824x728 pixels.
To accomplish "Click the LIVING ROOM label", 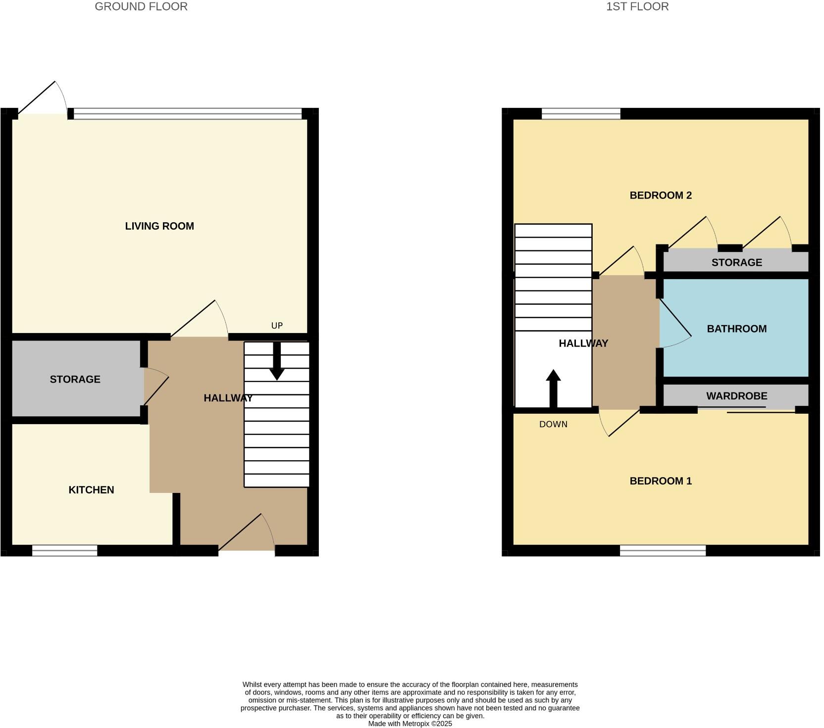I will tap(159, 226).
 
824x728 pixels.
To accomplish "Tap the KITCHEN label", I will tap(91, 490).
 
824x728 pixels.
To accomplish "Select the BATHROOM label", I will tap(736, 329).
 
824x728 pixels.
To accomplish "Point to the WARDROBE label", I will tap(736, 396).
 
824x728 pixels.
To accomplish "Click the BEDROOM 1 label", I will tap(660, 481).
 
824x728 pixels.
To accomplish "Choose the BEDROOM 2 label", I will tap(660, 195).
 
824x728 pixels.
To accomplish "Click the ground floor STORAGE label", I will tap(75, 380).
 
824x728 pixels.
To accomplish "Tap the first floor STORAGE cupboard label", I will tap(736, 263).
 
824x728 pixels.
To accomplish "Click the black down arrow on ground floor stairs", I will tap(277, 361).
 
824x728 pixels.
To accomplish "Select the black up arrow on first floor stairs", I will tap(553, 388).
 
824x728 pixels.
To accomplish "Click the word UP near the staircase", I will tap(277, 326).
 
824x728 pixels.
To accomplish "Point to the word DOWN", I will tap(553, 425).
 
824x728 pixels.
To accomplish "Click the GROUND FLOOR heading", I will tap(141, 7).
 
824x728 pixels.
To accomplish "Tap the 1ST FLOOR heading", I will tap(637, 7).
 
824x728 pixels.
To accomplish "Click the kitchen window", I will tap(65, 550).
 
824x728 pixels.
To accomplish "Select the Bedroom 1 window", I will tap(663, 550).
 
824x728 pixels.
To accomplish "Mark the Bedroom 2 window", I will tap(581, 114).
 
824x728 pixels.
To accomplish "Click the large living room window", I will tap(188, 114).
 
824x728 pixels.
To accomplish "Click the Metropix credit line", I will tap(410, 724).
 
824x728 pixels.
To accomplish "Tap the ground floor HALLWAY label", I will tap(228, 398).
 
